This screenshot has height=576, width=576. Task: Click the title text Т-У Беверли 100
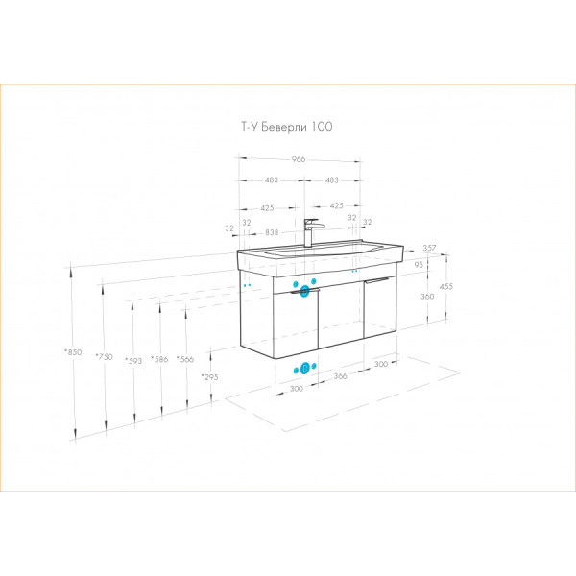click(286, 127)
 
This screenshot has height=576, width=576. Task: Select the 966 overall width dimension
click(299, 159)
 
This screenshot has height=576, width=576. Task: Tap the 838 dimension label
click(272, 232)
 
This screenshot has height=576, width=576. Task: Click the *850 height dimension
click(73, 352)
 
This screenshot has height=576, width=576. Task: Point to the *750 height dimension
click(105, 356)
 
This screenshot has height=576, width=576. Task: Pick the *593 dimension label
click(133, 360)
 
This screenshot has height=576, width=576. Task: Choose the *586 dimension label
click(159, 359)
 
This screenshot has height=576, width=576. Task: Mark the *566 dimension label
click(185, 359)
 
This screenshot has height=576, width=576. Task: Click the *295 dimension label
click(209, 376)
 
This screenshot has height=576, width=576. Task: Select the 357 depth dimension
click(429, 248)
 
